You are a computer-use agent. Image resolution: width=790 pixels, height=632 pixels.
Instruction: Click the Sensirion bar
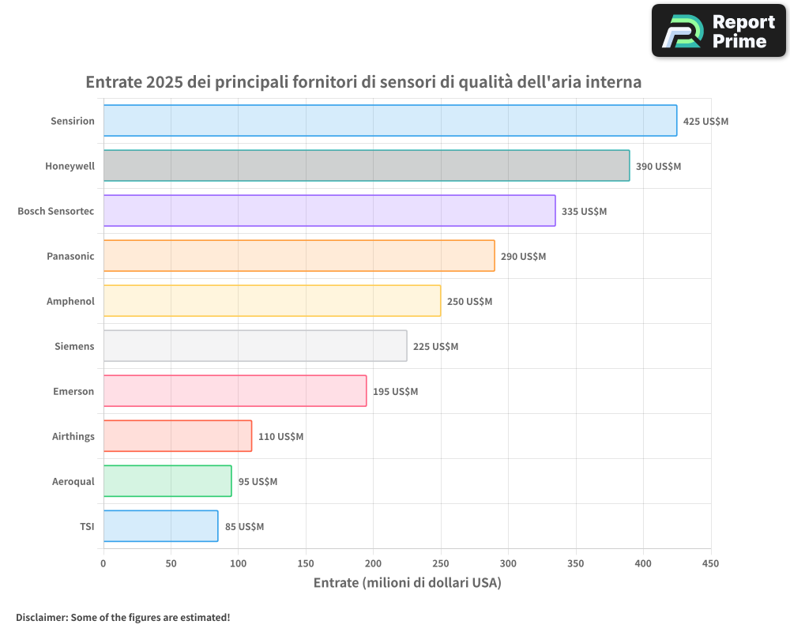click(390, 121)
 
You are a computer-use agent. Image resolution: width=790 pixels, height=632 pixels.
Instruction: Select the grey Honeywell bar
click(367, 166)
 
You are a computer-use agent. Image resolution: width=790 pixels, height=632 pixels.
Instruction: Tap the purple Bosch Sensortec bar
click(329, 211)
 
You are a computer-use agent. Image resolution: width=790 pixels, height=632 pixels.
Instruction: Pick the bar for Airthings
click(178, 436)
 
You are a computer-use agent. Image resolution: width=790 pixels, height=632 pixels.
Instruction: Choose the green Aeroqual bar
click(167, 481)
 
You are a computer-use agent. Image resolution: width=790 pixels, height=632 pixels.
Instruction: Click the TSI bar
click(161, 526)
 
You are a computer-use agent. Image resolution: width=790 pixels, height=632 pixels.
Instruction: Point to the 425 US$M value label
click(705, 122)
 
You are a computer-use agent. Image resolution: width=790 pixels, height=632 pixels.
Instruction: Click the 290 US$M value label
click(523, 257)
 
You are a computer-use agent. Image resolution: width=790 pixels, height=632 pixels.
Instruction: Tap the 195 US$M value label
click(395, 392)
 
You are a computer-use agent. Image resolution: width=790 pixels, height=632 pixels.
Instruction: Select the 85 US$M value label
click(244, 527)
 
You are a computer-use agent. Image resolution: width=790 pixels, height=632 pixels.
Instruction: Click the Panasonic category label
click(70, 256)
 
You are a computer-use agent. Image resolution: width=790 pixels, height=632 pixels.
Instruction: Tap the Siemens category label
click(74, 346)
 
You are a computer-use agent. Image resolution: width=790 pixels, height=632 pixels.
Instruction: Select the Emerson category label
click(73, 391)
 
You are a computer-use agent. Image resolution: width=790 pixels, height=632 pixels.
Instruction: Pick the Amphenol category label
click(70, 301)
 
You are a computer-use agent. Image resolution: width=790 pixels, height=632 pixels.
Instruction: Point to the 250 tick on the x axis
click(441, 563)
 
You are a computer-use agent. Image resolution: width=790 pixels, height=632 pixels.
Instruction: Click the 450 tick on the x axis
click(711, 563)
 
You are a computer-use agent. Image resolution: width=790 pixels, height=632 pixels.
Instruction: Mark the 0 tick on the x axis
click(103, 563)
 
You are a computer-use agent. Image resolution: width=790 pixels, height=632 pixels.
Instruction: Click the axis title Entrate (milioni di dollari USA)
click(407, 583)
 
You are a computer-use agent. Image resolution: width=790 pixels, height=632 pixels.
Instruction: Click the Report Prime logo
click(719, 31)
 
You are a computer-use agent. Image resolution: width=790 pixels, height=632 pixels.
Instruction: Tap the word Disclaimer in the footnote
click(41, 617)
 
